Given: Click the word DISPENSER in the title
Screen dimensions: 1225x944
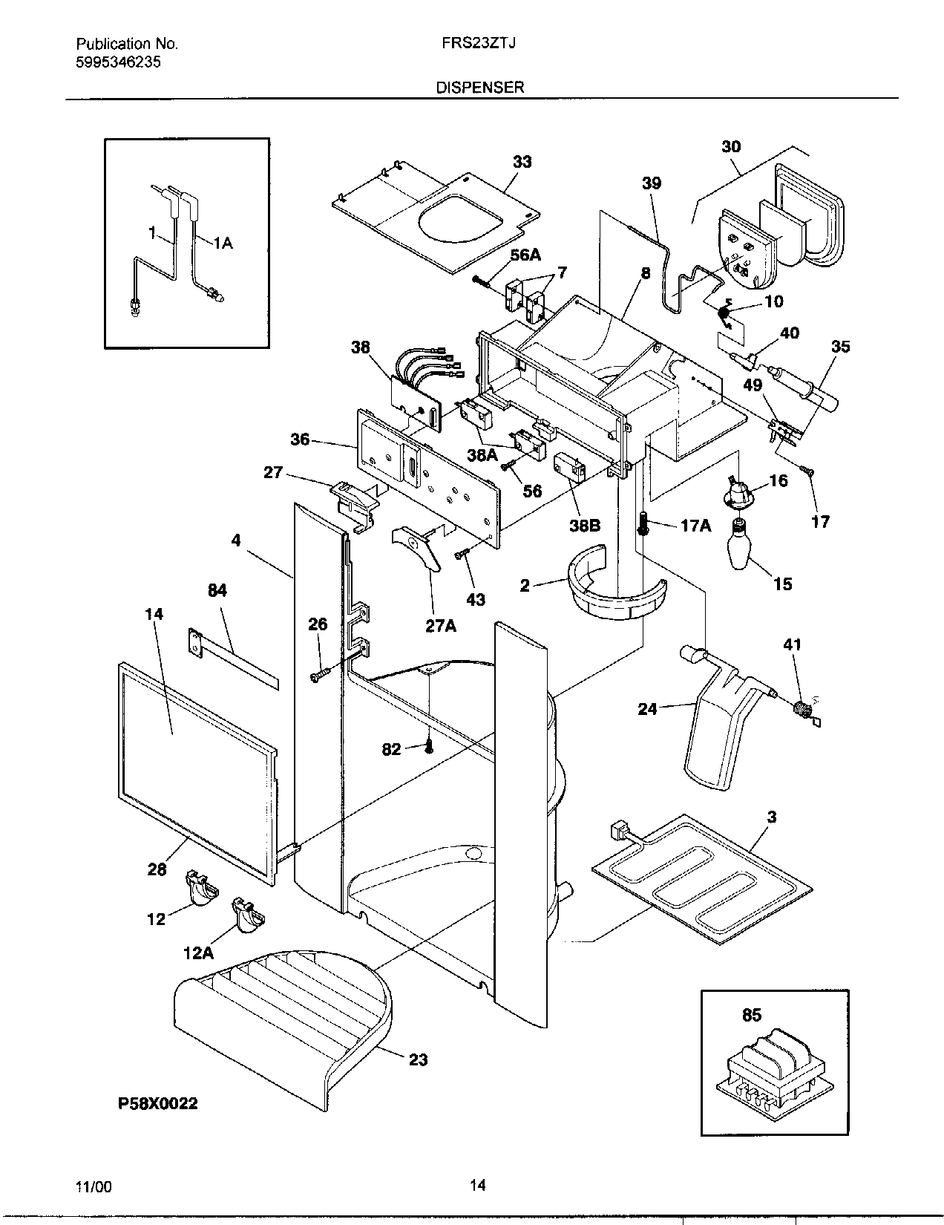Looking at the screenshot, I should (479, 87).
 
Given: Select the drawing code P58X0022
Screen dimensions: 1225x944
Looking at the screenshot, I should (156, 1103).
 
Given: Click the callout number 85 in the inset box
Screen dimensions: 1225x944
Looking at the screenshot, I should (752, 1015).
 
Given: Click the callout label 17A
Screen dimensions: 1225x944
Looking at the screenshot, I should (695, 526).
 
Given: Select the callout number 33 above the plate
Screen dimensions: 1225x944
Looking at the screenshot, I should (522, 162).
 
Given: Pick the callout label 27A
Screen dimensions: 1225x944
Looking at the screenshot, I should (440, 626).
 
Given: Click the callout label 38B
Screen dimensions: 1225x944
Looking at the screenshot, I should (585, 526).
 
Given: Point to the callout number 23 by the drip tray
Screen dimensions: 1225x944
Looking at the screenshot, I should (419, 1059).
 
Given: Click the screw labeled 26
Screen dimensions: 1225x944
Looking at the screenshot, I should (318, 675).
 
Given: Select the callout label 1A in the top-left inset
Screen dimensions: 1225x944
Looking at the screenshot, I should (223, 243).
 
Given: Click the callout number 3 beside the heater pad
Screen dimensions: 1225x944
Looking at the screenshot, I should (772, 817).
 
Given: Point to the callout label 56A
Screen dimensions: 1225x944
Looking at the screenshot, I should (525, 255).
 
